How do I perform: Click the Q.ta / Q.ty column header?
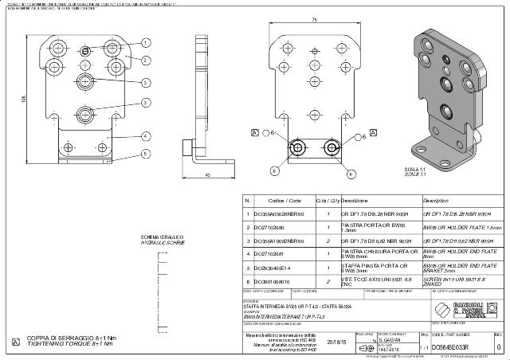click(328, 201)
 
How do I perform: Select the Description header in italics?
click(437, 201)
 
